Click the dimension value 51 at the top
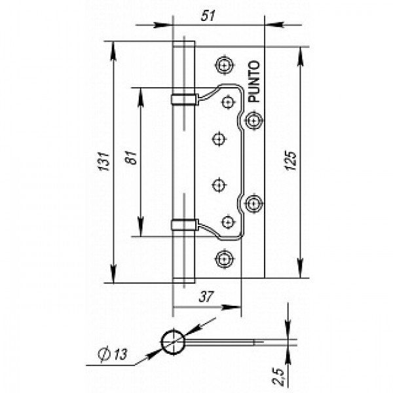point(209,16)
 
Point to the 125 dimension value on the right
point(291,161)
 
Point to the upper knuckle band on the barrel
point(183,99)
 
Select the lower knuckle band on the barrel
point(183,225)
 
